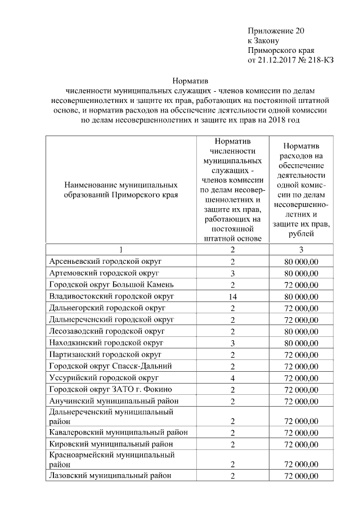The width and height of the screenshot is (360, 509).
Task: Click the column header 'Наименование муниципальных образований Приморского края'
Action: click(120, 190)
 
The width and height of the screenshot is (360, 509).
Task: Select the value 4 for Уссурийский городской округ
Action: click(232, 377)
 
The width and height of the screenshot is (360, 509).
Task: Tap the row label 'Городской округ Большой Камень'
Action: click(107, 285)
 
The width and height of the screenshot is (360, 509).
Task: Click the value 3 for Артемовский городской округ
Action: click(232, 273)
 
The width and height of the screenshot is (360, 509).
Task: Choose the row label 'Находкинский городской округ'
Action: click(106, 343)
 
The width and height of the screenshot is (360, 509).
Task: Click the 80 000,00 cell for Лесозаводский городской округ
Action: click(301, 331)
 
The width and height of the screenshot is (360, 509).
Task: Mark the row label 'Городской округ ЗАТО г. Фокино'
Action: click(106, 389)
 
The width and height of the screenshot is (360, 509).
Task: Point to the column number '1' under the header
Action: click(120, 250)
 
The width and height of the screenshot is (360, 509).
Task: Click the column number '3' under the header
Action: click(301, 250)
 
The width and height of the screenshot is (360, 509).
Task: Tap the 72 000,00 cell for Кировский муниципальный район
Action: click(301, 444)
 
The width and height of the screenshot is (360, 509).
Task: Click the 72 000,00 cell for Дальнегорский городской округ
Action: click(301, 308)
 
